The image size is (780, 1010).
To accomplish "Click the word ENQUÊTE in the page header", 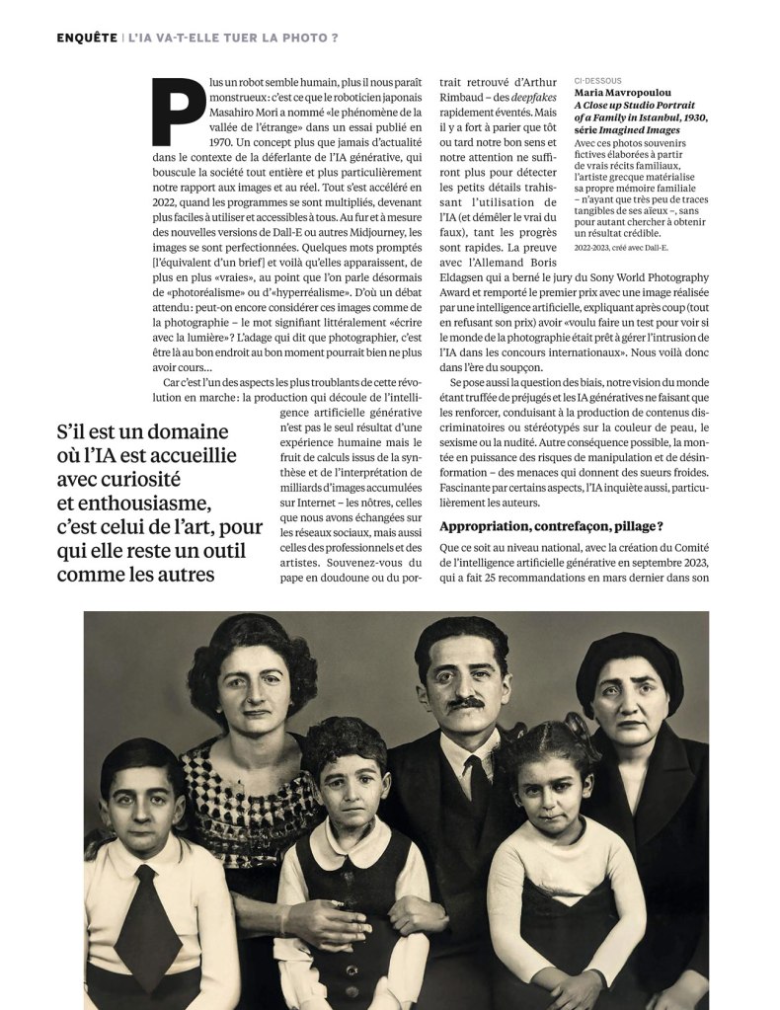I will coord(86,38).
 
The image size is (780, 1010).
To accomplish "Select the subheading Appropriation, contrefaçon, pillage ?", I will coord(551,526).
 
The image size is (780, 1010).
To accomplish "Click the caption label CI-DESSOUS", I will coord(598,81).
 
